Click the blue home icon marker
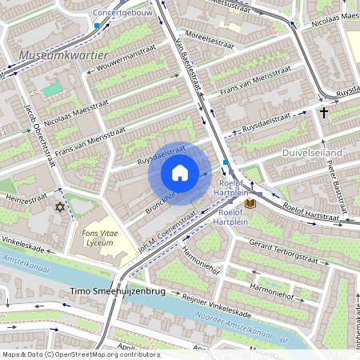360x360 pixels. click(x=180, y=173)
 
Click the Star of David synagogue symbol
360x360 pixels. click(x=58, y=207)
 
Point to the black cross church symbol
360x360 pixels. click(x=324, y=113)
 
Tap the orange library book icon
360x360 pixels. click(x=250, y=204)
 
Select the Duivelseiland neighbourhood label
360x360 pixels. click(x=313, y=152)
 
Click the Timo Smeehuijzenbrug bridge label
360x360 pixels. click(x=118, y=291)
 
